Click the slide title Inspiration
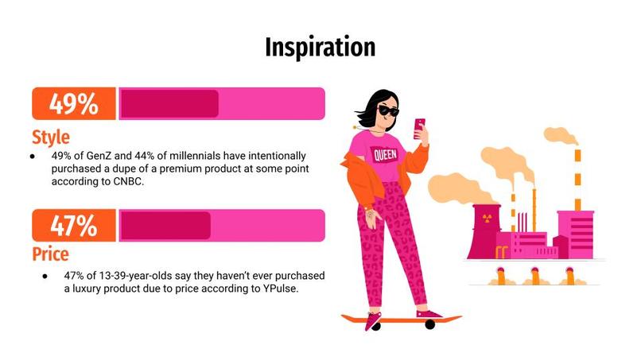[320, 47]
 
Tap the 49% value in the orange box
[73, 104]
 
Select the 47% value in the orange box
[73, 226]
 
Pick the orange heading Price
[50, 254]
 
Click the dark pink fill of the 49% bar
[169, 104]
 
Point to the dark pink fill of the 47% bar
[165, 226]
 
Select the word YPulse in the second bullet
[276, 289]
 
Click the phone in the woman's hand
[419, 127]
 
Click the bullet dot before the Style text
[33, 157]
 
